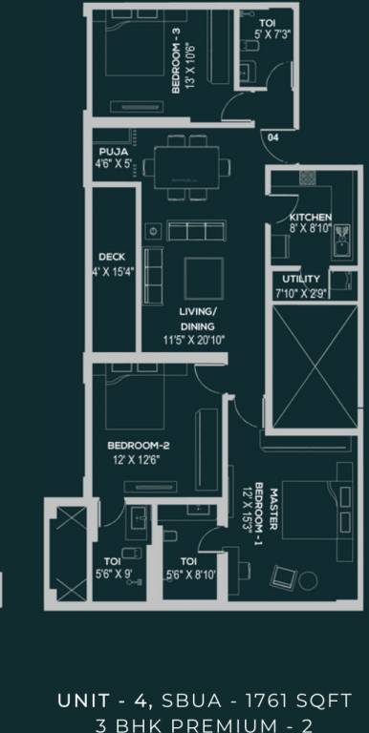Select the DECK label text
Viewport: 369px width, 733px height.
(x=112, y=257)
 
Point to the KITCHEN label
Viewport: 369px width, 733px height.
(x=310, y=218)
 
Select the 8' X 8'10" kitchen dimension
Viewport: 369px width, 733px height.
(x=310, y=229)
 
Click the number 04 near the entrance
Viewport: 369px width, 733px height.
(x=273, y=137)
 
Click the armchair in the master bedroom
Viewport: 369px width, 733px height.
(x=283, y=576)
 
